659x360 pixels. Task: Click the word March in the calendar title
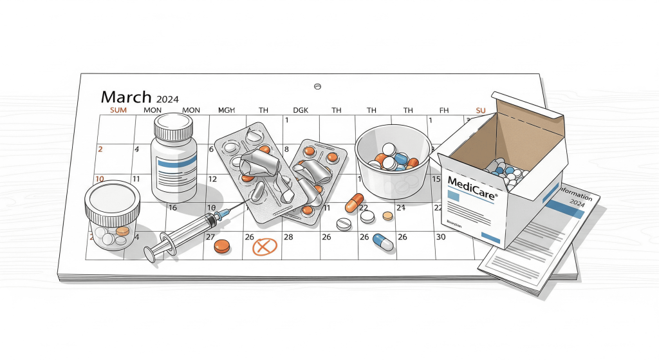tap(127, 97)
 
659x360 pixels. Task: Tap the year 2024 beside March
tap(167, 99)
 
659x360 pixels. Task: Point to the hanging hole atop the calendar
tap(316, 86)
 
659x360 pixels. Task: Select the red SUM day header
tap(118, 110)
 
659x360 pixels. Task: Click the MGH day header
tap(226, 110)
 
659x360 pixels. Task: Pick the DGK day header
tap(300, 110)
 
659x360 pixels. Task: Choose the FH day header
tap(443, 110)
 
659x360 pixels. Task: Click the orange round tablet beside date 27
tap(222, 246)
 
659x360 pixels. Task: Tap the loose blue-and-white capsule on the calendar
tap(383, 242)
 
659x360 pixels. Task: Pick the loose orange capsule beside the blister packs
tap(354, 203)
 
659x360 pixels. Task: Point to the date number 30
tap(441, 237)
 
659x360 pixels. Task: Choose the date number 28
tap(288, 237)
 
